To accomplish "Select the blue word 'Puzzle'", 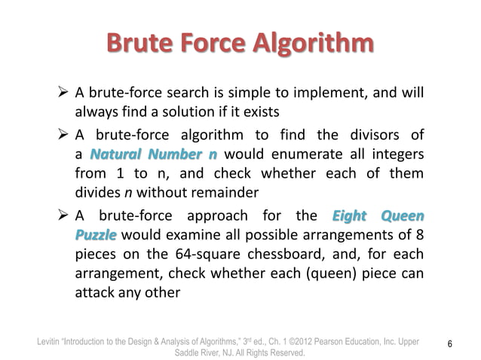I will [96, 233].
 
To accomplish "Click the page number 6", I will [449, 344].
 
